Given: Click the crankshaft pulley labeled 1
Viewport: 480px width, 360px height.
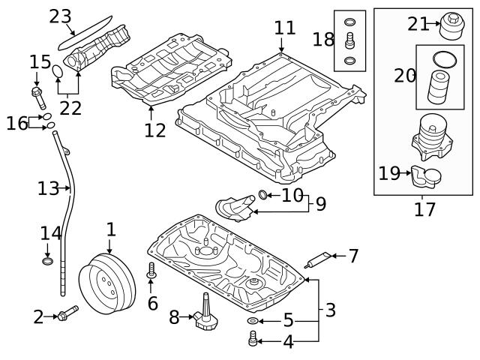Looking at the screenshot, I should pos(106,283).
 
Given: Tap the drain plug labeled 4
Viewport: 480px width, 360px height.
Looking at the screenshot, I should pos(253,342).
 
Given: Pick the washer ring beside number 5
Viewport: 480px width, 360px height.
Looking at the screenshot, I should pos(253,322).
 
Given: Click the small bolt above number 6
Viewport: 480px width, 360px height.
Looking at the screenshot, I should pos(152,271).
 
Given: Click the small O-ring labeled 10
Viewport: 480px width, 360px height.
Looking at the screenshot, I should pos(263,196).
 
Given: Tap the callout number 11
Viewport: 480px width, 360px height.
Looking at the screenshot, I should pos(285,28).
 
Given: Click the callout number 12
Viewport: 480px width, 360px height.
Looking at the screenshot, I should pos(155,130).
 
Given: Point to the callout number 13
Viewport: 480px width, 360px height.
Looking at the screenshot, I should pos(48,188).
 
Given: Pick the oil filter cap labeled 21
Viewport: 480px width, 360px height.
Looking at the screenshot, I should pos(451,25).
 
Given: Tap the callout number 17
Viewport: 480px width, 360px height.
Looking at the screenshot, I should pos(424,209).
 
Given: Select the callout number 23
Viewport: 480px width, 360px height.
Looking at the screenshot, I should pos(60,16).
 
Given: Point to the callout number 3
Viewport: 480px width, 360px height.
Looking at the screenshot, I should pos(331,308).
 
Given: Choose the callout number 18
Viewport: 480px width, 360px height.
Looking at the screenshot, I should pos(324,38).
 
